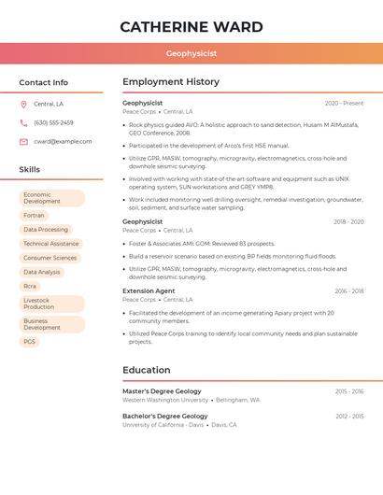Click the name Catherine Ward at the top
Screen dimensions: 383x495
click(191, 27)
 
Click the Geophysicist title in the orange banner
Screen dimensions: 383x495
click(191, 54)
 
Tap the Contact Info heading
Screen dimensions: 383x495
click(44, 82)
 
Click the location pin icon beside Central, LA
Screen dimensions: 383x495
click(23, 105)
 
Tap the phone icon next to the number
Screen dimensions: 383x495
click(23, 123)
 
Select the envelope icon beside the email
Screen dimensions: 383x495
click(23, 142)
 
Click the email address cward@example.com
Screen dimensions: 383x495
click(63, 142)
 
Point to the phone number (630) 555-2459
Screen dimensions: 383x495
click(53, 123)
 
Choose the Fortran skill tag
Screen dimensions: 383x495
click(34, 215)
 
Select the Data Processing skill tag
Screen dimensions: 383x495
click(46, 230)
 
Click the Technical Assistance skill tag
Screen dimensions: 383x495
click(50, 244)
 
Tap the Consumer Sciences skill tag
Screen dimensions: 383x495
click(50, 258)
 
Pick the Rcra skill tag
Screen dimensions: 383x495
click(30, 286)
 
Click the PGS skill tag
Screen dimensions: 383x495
click(30, 342)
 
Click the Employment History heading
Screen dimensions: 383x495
click(171, 82)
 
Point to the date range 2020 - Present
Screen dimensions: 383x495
click(344, 104)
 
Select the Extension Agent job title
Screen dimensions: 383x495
click(149, 290)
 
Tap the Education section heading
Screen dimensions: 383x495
click(147, 370)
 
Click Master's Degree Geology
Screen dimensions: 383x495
click(162, 391)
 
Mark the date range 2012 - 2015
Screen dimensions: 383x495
click(349, 417)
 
